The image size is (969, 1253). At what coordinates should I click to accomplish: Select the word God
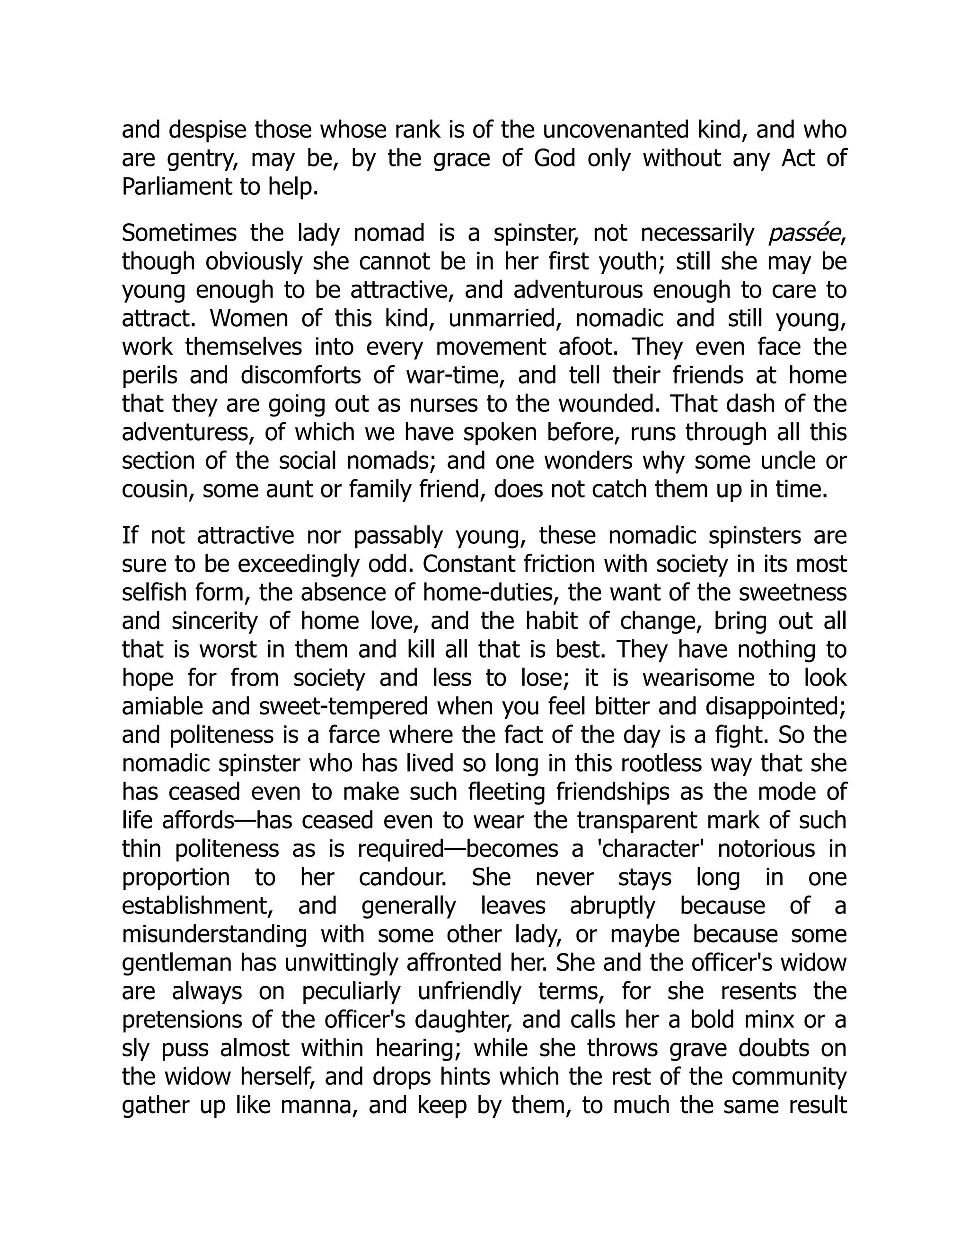[x=554, y=158]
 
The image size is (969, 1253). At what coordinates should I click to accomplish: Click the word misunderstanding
[x=215, y=934]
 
